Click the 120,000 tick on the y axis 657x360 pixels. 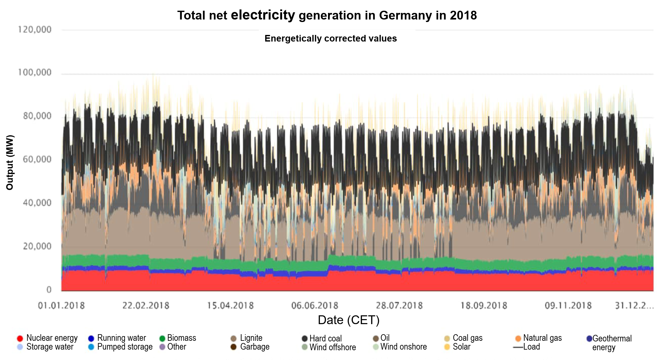35,30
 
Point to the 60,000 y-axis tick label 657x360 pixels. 37,159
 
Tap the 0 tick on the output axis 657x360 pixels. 49,290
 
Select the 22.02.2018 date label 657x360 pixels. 146,306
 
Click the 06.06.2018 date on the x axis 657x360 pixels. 315,306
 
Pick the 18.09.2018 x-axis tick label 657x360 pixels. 484,306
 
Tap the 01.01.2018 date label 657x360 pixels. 61,306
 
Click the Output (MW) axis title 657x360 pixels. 10,162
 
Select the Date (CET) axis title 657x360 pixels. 348,320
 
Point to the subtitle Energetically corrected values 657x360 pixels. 331,38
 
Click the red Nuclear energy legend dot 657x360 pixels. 20,339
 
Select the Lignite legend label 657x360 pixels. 251,338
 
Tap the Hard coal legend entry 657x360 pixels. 325,339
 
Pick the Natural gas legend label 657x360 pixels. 542,338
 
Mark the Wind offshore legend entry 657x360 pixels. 332,347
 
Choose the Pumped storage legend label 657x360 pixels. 125,347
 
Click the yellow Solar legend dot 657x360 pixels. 447,347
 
